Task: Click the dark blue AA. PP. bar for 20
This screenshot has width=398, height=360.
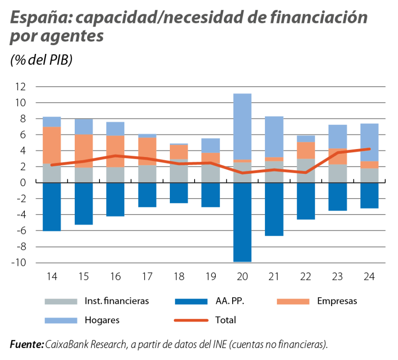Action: [242, 222]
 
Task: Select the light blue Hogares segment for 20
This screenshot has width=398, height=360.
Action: [242, 126]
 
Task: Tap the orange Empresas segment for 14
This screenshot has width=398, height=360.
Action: [52, 145]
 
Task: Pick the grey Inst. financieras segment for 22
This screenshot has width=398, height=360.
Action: [306, 171]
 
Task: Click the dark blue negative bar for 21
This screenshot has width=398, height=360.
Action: [274, 209]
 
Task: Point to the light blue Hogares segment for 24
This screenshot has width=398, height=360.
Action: [369, 142]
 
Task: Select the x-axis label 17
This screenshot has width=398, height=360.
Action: [147, 277]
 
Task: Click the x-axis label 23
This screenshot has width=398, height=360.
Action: [337, 277]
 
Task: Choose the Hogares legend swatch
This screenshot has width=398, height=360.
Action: [61, 320]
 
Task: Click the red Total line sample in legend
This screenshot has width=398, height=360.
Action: [191, 320]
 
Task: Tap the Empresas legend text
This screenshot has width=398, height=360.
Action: [337, 301]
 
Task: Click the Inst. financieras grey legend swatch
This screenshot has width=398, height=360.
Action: [61, 301]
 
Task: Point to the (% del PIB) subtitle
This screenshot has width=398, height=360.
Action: [41, 61]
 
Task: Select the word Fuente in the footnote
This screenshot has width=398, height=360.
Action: [26, 345]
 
